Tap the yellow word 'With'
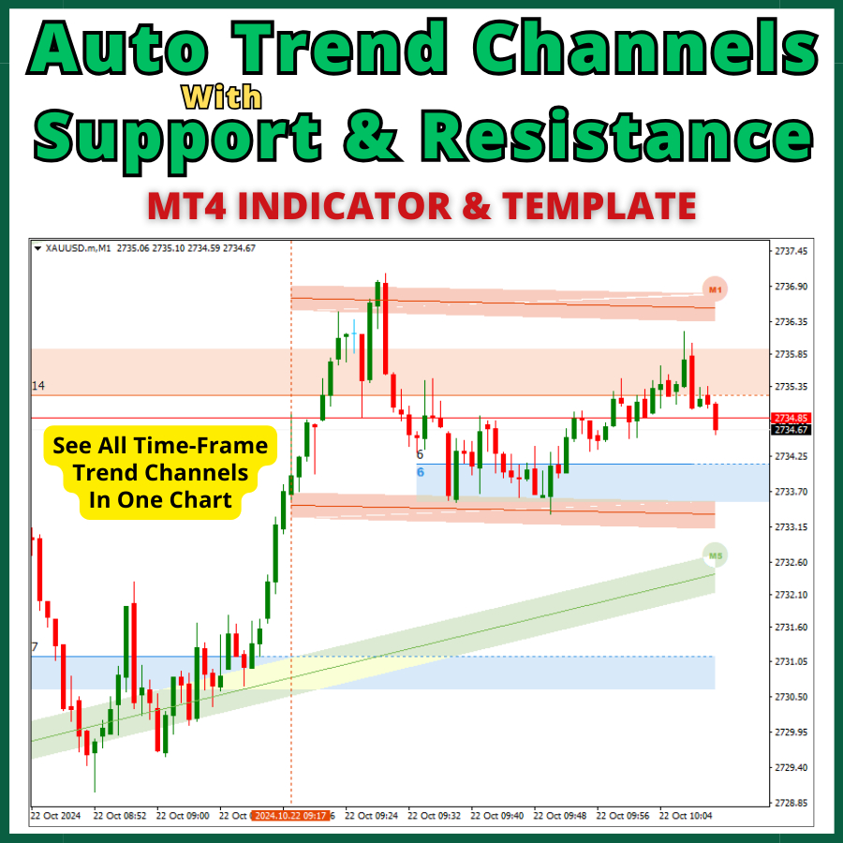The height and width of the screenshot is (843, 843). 221,96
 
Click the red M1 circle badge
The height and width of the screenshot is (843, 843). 715,290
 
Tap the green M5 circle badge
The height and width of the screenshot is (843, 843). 716,556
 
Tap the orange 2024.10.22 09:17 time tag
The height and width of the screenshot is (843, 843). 289,816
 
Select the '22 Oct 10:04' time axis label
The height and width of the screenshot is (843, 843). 685,816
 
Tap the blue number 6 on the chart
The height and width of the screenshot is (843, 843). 421,472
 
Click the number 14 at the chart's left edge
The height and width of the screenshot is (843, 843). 38,386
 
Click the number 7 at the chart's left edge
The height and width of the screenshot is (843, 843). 35,647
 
